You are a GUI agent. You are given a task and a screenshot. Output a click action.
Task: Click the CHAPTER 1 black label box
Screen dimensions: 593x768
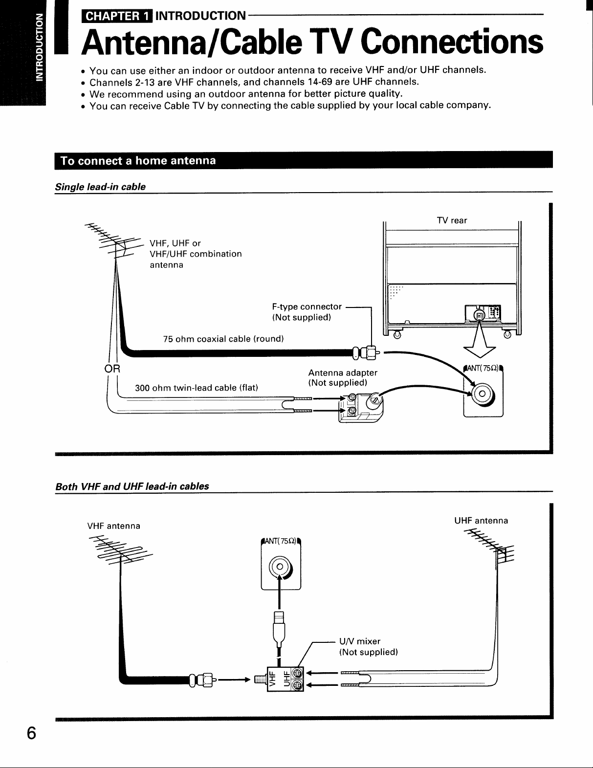117,16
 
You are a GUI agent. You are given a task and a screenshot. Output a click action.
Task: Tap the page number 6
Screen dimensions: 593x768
31,733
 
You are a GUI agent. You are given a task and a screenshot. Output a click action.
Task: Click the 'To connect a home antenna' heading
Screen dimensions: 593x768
138,161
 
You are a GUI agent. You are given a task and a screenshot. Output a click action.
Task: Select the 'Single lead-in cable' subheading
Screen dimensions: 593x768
100,187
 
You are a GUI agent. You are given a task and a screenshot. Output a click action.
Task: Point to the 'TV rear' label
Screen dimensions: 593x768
452,220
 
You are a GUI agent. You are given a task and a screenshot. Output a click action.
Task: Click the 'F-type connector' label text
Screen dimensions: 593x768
307,307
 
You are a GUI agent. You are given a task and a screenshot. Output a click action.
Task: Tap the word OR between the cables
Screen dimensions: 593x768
112,369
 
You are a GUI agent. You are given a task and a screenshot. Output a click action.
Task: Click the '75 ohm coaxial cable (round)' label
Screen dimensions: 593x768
223,339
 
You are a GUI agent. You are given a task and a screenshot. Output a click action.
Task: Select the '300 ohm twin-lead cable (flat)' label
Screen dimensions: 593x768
197,388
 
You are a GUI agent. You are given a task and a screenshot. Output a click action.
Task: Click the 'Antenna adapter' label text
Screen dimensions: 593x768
343,373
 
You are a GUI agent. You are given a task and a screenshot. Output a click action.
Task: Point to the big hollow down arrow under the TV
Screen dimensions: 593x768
479,340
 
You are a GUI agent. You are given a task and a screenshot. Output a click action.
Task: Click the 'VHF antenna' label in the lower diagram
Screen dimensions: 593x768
114,526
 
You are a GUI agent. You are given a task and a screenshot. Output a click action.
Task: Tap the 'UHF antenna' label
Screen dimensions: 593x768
481,520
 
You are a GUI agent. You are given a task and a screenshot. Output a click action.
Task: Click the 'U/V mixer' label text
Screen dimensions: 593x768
360,641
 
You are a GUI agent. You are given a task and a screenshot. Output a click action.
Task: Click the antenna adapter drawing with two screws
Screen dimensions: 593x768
361,407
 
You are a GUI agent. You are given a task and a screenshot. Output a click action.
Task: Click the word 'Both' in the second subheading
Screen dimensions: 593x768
66,486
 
